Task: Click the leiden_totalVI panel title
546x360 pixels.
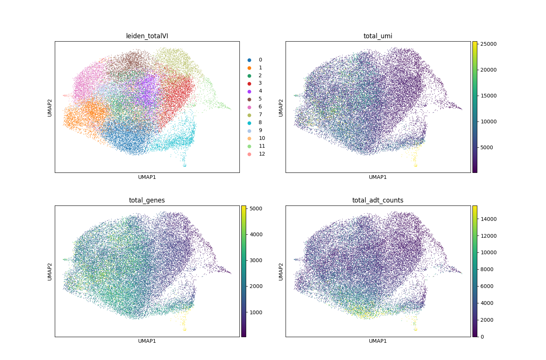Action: (x=147, y=36)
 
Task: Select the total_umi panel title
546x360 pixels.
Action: (x=378, y=36)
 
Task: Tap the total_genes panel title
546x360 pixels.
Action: (x=147, y=200)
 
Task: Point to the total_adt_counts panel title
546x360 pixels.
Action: (x=378, y=200)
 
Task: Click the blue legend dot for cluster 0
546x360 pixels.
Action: (x=249, y=60)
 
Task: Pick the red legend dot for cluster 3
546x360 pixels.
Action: (x=249, y=83)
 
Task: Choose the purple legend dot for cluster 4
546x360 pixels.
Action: (x=249, y=91)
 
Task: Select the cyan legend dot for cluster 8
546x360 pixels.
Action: (x=249, y=123)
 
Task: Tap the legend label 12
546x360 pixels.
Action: (x=262, y=154)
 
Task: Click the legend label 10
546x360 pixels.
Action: (x=262, y=138)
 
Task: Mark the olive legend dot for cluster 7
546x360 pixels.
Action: (x=249, y=115)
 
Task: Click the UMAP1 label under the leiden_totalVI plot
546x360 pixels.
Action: (x=147, y=177)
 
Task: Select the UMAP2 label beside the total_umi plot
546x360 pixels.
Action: (x=281, y=107)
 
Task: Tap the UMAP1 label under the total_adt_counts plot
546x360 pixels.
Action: (x=378, y=341)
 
